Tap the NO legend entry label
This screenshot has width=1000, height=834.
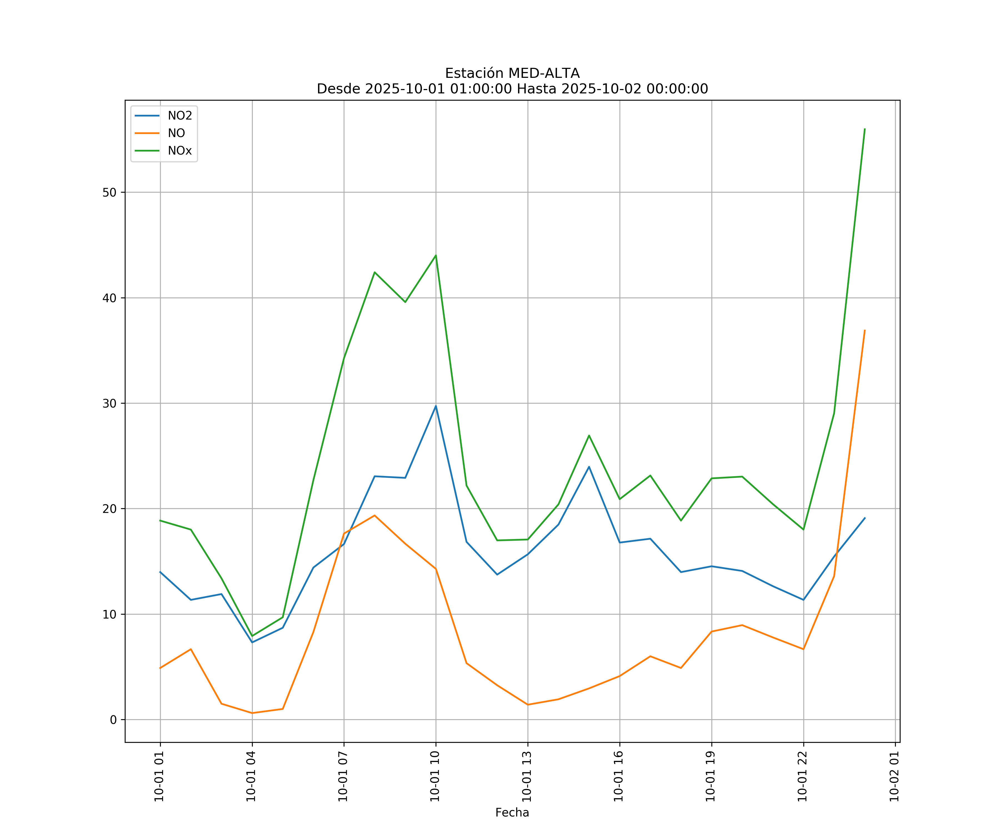coord(176,133)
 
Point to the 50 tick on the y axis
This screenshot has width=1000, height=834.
coord(109,193)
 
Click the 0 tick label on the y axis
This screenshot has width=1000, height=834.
coord(113,720)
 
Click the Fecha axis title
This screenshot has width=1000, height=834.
coord(512,813)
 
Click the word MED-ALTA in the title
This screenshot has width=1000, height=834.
coord(544,73)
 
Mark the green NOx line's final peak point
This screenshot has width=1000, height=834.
coord(864,129)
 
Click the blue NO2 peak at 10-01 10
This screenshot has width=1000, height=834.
coord(436,406)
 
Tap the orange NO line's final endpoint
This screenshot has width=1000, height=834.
coord(864,330)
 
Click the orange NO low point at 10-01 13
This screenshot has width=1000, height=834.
coord(527,704)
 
